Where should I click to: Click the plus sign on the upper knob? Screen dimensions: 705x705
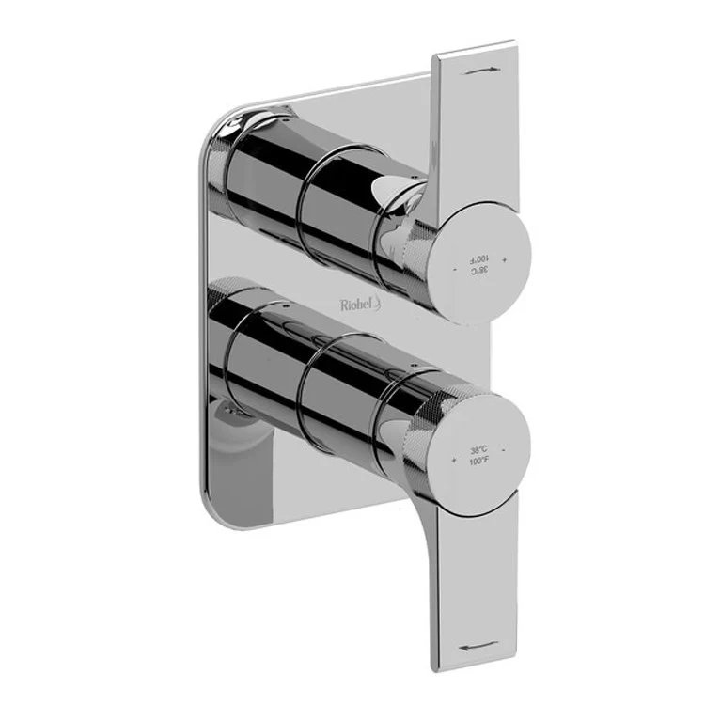click(x=505, y=258)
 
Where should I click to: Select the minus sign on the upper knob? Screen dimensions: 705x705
click(x=455, y=271)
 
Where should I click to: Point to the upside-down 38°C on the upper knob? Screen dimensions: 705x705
click(x=480, y=270)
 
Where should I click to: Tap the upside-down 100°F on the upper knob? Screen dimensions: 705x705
click(x=479, y=258)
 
